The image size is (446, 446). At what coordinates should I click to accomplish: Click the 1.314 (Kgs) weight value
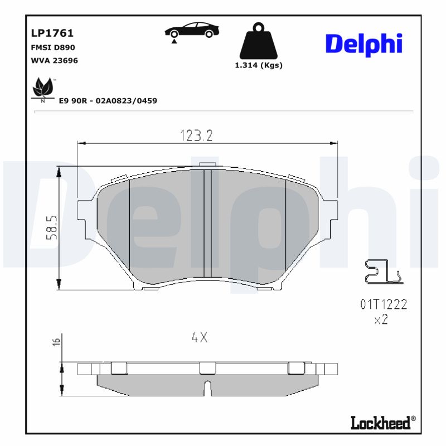(258, 65)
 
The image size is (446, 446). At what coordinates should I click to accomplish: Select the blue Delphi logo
(363, 43)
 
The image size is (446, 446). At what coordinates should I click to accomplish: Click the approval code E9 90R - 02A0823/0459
(108, 101)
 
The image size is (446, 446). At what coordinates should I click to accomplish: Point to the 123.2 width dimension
(197, 135)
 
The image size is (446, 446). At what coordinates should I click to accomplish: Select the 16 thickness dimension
(56, 342)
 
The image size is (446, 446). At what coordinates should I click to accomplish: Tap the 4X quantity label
(199, 337)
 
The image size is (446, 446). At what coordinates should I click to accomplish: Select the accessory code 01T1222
(383, 304)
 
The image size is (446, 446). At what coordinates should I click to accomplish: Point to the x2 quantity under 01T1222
(381, 320)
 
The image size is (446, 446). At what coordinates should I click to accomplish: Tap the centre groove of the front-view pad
(207, 223)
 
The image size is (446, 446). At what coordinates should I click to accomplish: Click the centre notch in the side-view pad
(207, 388)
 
